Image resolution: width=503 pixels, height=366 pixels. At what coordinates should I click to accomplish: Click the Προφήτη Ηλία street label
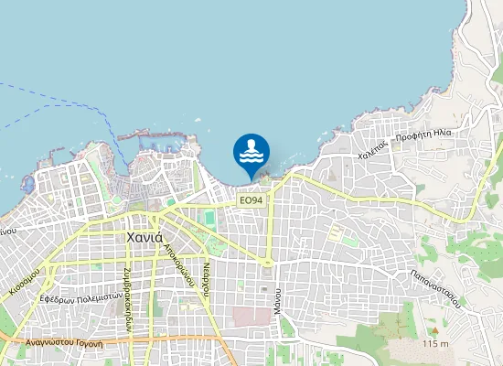point(425,137)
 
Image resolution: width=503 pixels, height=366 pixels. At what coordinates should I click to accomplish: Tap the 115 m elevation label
point(436,343)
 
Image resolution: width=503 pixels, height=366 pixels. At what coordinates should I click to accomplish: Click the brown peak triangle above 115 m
point(435,328)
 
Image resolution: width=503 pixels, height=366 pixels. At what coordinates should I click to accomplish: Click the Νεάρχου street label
point(208,274)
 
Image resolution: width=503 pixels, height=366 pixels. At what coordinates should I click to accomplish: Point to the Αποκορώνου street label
point(177,259)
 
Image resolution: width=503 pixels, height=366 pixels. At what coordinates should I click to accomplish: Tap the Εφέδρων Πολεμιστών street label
point(81,296)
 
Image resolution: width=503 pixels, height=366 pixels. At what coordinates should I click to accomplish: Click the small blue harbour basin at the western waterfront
point(27,184)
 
